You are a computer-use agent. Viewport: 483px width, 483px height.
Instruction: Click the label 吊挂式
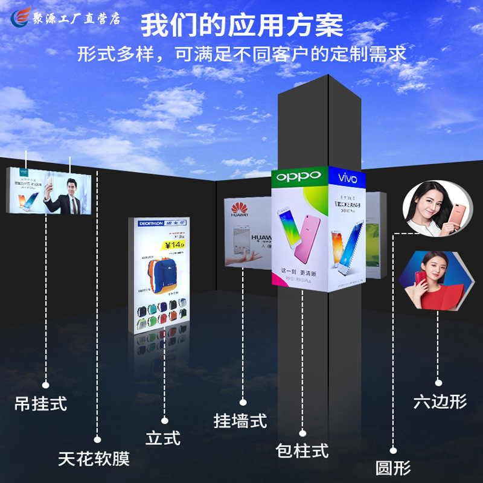click(x=40, y=403)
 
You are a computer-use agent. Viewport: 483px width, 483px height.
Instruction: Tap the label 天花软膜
click(x=94, y=459)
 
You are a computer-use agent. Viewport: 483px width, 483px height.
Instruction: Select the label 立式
click(x=163, y=437)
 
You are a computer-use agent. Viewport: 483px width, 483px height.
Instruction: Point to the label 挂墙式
click(x=240, y=420)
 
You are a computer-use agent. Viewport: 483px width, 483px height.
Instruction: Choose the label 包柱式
click(x=302, y=450)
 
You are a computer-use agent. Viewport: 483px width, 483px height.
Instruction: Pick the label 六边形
click(x=440, y=401)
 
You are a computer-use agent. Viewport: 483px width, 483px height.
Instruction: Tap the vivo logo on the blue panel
click(x=347, y=179)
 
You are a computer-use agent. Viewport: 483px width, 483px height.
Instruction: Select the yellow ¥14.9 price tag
click(x=174, y=245)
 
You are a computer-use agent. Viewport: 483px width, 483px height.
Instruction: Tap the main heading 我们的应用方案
click(x=242, y=25)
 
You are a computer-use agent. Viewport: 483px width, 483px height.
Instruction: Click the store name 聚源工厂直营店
click(x=77, y=18)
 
